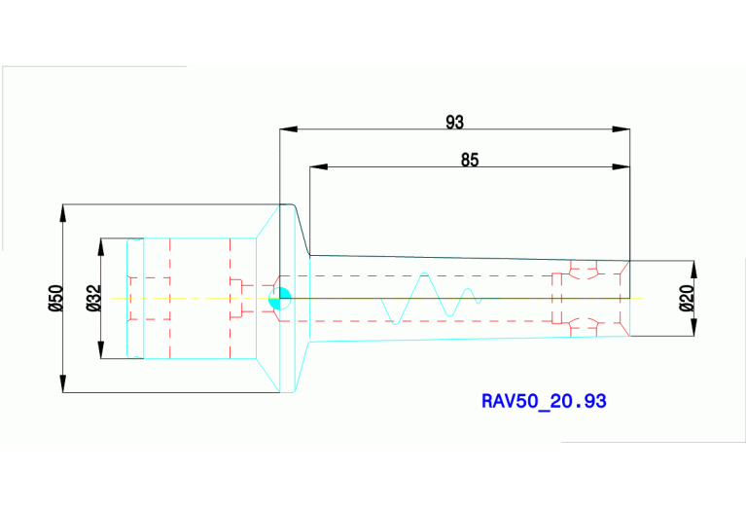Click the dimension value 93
[454, 123]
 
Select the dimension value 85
[470, 160]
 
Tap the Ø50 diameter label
[55, 298]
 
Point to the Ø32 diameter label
[94, 298]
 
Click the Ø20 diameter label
[687, 298]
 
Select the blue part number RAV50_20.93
[544, 401]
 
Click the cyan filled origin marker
[280, 299]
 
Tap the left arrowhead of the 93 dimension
[288, 129]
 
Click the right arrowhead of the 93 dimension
[621, 129]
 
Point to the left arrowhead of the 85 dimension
[318, 167]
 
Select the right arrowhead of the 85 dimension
[621, 167]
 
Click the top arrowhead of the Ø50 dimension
[63, 213]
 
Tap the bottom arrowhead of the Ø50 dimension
[63, 383]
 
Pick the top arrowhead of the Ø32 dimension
[101, 247]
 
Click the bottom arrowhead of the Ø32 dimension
[101, 349]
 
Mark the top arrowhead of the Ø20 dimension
[693, 270]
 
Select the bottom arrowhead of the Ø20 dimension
[693, 327]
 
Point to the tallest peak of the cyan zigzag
[425, 273]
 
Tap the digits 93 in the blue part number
[594, 401]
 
